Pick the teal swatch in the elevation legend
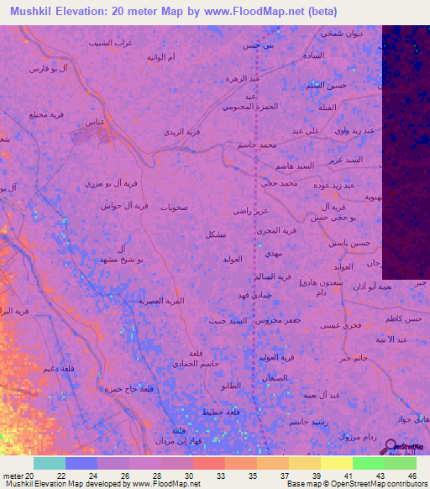tap(50, 463)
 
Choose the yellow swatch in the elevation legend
tap(336, 463)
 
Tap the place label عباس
tap(95, 122)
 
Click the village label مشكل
tap(215, 234)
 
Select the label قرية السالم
tap(272, 276)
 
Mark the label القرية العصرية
tap(160, 300)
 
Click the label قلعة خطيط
tap(218, 412)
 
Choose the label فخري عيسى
tap(339, 324)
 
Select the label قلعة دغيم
tap(52, 367)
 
